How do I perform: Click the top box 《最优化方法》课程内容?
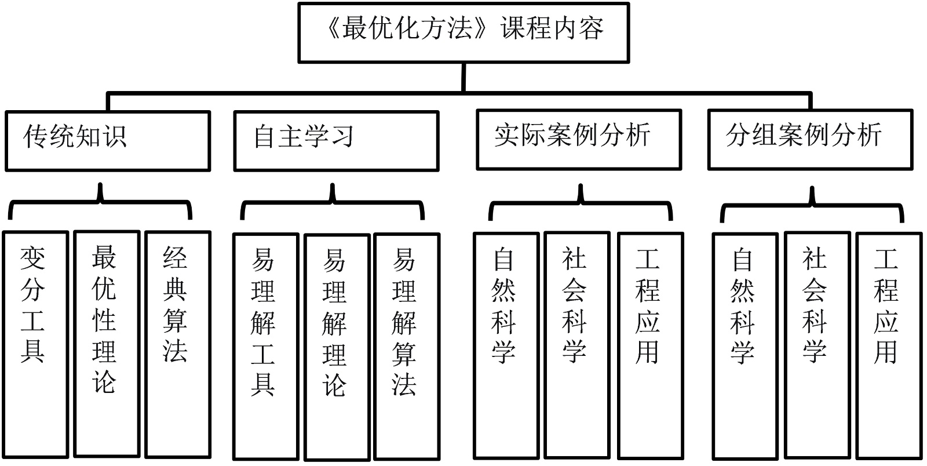[463, 32]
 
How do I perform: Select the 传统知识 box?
[108, 141]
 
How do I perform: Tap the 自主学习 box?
[336, 141]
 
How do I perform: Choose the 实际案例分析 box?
[579, 140]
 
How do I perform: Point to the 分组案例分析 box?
[810, 140]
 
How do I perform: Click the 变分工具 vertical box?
[35, 344]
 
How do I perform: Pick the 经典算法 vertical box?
[177, 344]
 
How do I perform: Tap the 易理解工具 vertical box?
[265, 345]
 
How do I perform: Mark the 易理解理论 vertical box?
[337, 347]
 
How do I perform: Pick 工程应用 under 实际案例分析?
[650, 345]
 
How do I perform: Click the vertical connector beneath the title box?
[463, 77]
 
